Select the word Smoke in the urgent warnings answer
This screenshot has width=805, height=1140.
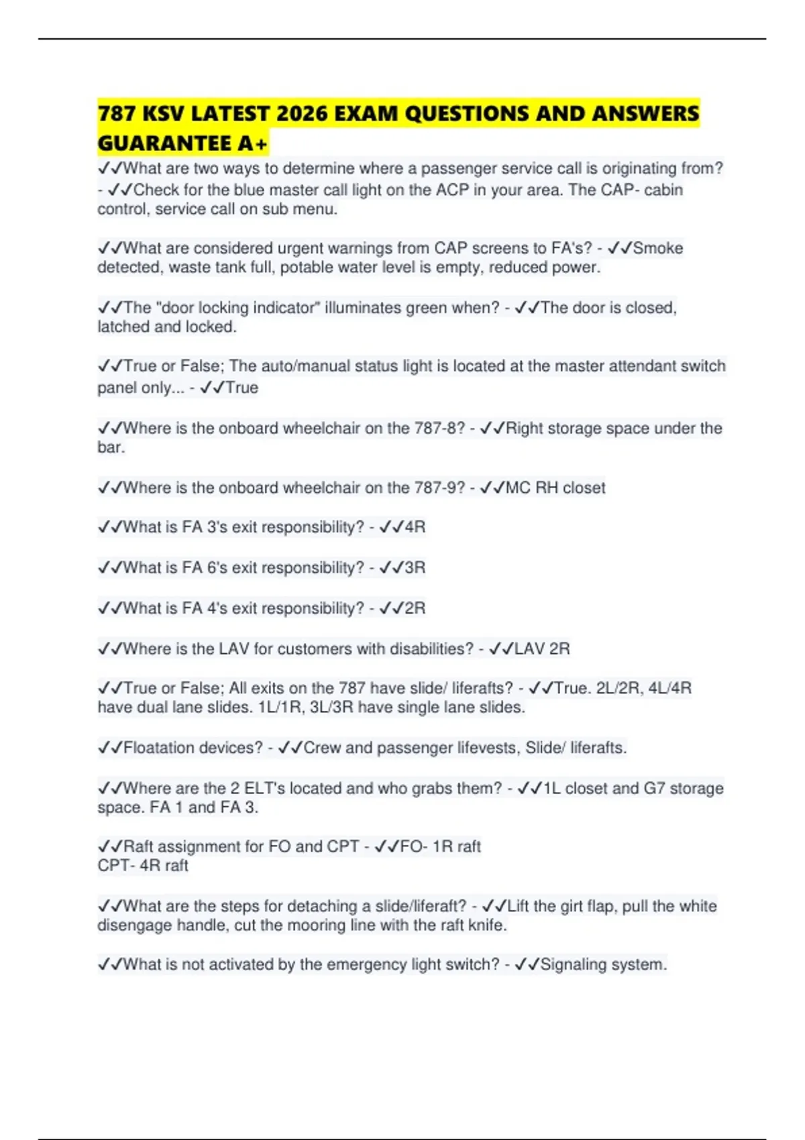click(658, 248)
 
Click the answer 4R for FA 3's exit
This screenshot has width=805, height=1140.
click(415, 527)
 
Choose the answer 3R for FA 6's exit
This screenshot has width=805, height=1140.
click(415, 567)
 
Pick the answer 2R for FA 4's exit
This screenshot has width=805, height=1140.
click(415, 608)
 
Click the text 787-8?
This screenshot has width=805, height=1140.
click(439, 428)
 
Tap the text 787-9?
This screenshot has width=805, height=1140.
click(439, 488)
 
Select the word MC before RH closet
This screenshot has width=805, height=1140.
click(518, 488)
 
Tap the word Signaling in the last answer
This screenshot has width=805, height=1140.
click(574, 964)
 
